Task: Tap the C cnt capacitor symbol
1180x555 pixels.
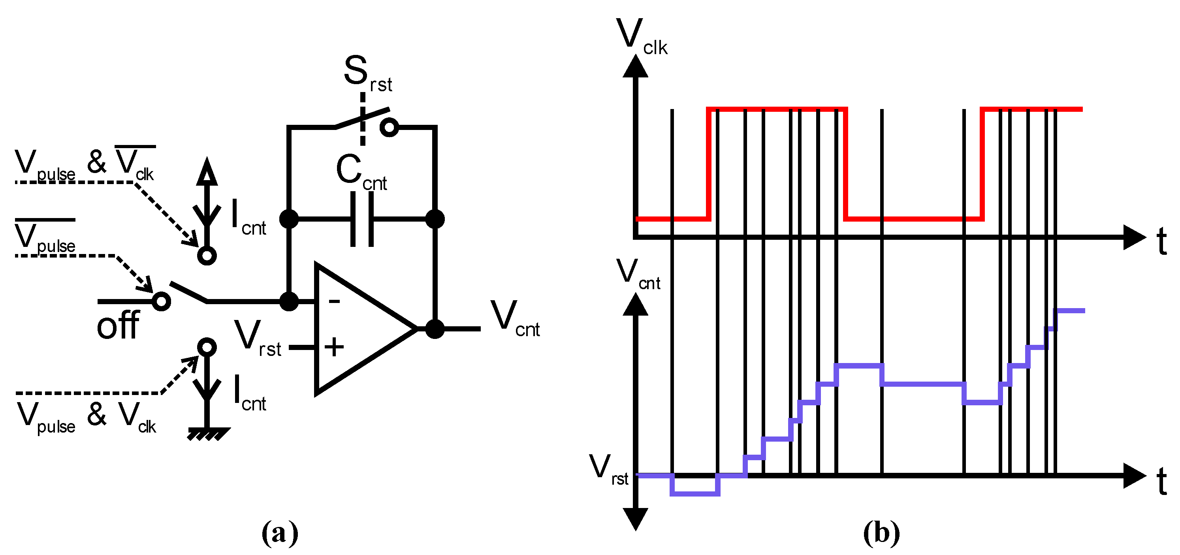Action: tap(362, 219)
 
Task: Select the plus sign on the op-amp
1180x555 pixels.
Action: tap(334, 347)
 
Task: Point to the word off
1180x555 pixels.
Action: tap(118, 325)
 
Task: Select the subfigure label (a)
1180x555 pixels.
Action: tap(279, 532)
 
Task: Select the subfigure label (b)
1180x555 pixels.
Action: tap(881, 532)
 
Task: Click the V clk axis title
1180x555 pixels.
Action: tap(641, 37)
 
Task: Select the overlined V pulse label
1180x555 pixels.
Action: tap(45, 237)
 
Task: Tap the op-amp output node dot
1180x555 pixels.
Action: tap(434, 328)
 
